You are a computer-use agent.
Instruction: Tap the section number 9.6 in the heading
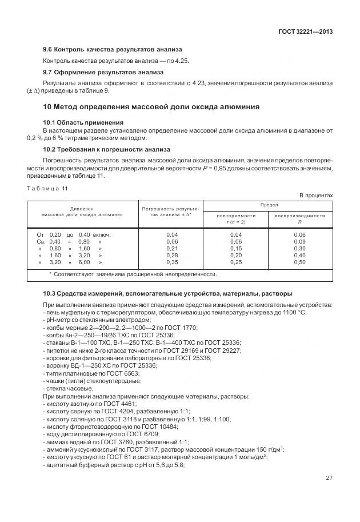tap(49, 50)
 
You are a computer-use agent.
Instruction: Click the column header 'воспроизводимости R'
tap(299, 218)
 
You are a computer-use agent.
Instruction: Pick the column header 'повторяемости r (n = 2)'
tap(236, 218)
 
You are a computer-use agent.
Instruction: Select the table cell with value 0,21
tap(172, 249)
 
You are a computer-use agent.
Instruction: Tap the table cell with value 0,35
tap(172, 262)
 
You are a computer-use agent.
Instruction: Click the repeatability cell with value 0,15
tap(236, 249)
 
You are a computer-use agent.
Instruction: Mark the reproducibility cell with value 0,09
tap(299, 242)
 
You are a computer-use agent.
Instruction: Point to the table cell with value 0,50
tap(299, 262)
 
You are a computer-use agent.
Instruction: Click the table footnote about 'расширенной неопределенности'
tap(133, 274)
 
